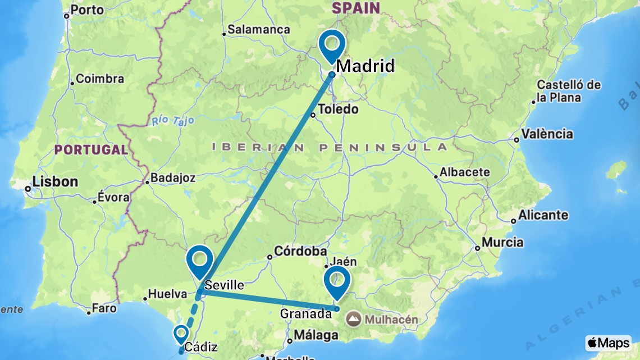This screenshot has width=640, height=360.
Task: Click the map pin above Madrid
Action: pyautogui.click(x=331, y=45)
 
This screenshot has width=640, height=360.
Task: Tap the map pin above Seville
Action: pyautogui.click(x=200, y=260)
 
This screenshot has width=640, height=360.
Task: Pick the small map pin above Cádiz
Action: pyautogui.click(x=181, y=334)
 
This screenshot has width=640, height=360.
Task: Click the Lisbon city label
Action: pyautogui.click(x=54, y=182)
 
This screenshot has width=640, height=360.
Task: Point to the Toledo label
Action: pyautogui.click(x=339, y=109)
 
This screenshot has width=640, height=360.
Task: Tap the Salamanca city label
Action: pyautogui.click(x=259, y=29)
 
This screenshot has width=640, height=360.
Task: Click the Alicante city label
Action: pyautogui.click(x=543, y=215)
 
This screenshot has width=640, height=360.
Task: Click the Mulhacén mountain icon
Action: pyautogui.click(x=354, y=320)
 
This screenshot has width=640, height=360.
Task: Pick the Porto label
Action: pyautogui.click(x=88, y=10)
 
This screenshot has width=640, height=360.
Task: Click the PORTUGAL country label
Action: pyautogui.click(x=92, y=150)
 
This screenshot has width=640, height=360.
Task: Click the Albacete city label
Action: pyautogui.click(x=465, y=172)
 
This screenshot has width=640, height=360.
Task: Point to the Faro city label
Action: pyautogui.click(x=104, y=308)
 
